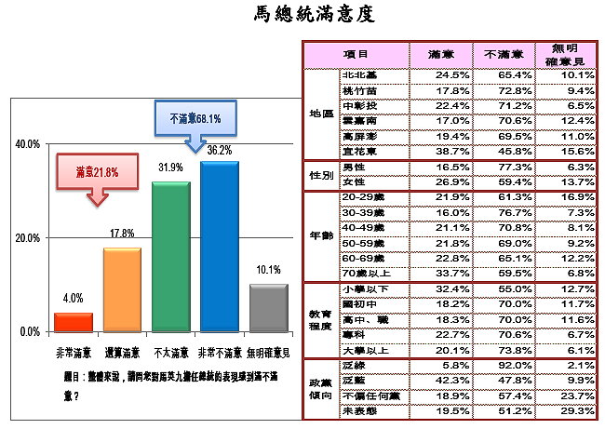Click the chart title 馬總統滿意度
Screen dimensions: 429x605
[302, 15]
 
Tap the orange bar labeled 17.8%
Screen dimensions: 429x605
[122, 289]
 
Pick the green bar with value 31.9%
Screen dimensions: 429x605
[170, 256]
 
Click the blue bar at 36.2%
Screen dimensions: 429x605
[220, 246]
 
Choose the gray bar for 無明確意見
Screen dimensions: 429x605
[269, 307]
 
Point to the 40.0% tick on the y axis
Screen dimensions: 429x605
[25, 144]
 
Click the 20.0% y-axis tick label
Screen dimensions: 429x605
[25, 238]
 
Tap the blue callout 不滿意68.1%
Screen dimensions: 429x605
[196, 118]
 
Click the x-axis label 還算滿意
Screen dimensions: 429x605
[122, 353]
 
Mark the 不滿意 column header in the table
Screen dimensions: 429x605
[504, 55]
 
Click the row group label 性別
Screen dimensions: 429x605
[319, 175]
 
